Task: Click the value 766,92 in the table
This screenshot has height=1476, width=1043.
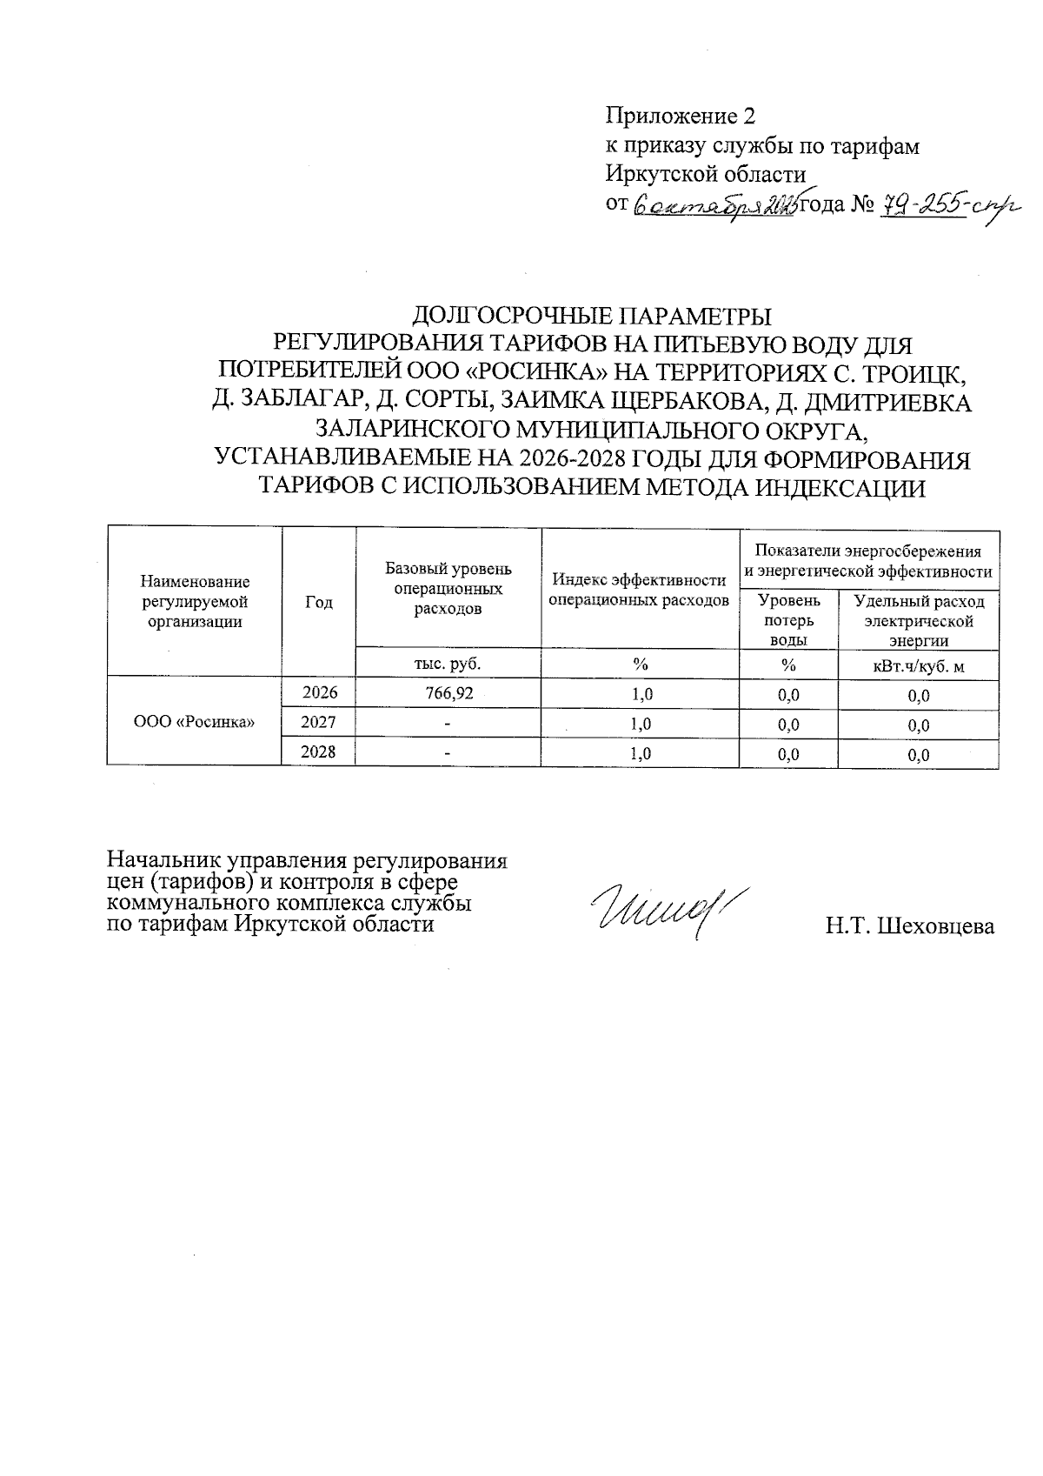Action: (x=448, y=693)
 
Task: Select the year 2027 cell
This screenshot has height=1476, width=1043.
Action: (x=318, y=722)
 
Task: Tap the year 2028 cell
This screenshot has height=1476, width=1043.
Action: (x=318, y=751)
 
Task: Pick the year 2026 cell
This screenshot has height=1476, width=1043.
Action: (x=318, y=692)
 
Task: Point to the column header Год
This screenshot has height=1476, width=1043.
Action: (x=318, y=602)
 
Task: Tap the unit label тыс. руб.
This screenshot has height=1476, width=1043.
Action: (x=448, y=664)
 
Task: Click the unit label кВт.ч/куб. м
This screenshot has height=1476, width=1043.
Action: (x=918, y=666)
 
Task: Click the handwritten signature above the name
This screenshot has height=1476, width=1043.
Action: (x=668, y=912)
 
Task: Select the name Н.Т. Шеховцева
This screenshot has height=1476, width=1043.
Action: (x=910, y=926)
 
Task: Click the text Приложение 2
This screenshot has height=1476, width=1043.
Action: (x=681, y=116)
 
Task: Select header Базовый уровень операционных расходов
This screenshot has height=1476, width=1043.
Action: (x=448, y=588)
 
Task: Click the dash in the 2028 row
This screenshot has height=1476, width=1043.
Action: (x=448, y=753)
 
